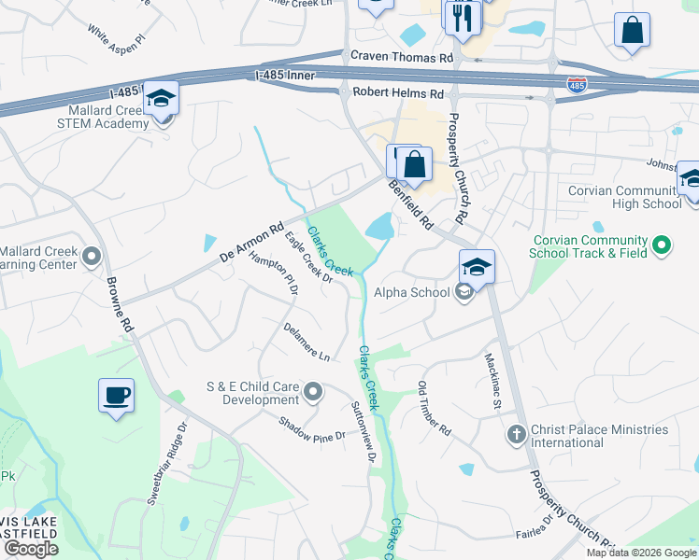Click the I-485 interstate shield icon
577,85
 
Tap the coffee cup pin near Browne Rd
117,396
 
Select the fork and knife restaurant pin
463,17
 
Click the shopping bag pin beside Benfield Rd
414,164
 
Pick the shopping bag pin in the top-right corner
633,30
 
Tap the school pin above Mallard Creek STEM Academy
162,99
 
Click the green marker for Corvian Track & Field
662,246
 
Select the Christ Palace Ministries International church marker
515,435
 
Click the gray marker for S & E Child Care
314,392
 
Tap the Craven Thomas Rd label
401,58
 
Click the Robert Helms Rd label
398,94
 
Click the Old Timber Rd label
435,410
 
